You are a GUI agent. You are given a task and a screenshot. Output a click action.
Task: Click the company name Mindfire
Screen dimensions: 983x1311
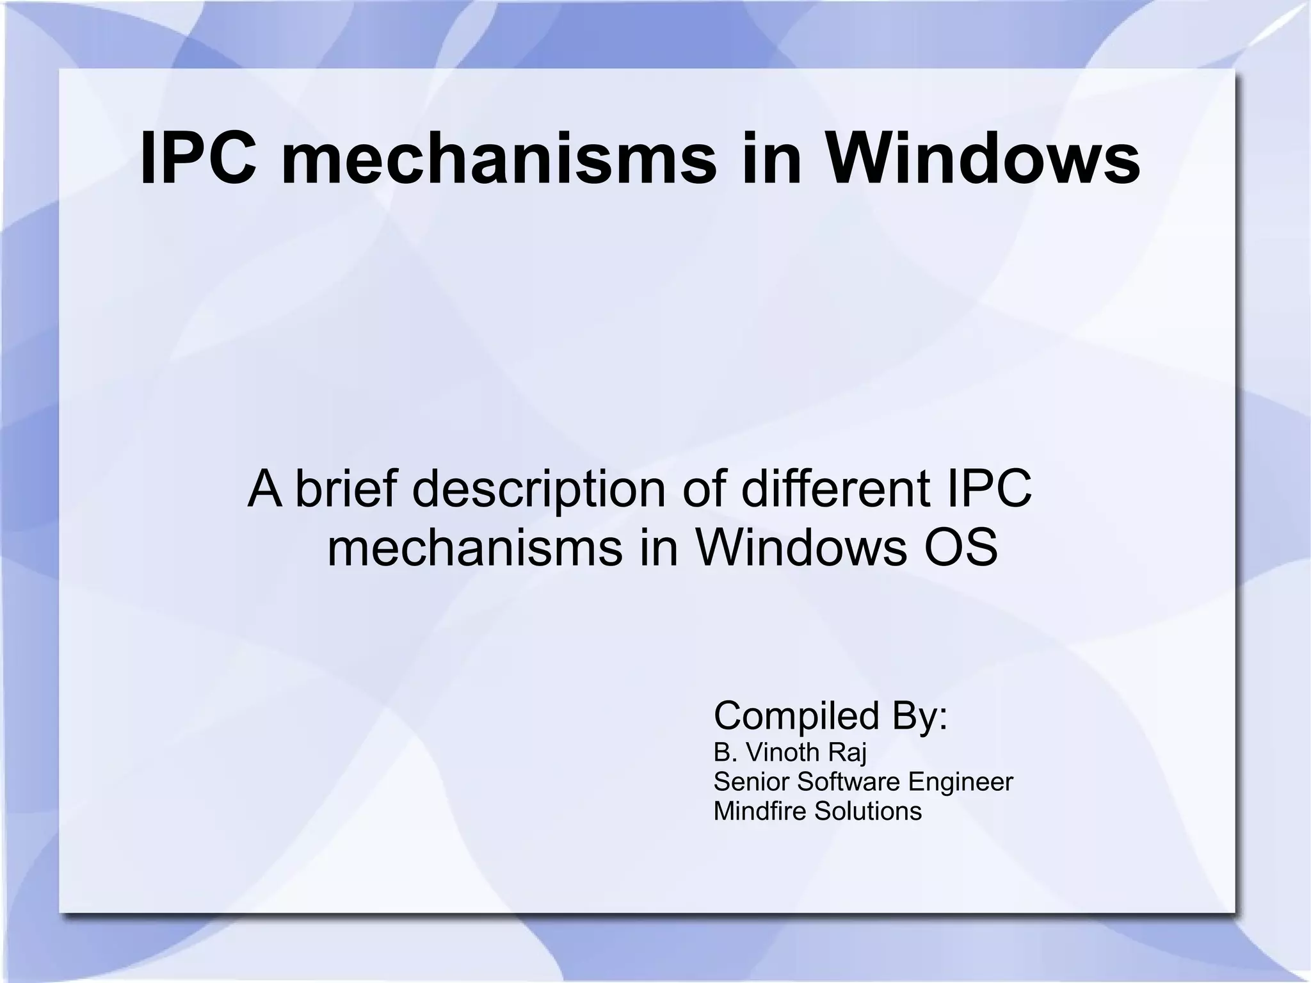click(x=760, y=811)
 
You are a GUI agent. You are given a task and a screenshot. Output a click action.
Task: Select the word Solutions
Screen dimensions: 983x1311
click(x=868, y=811)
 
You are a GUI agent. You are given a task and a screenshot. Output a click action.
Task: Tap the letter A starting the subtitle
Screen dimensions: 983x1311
click(x=265, y=488)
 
